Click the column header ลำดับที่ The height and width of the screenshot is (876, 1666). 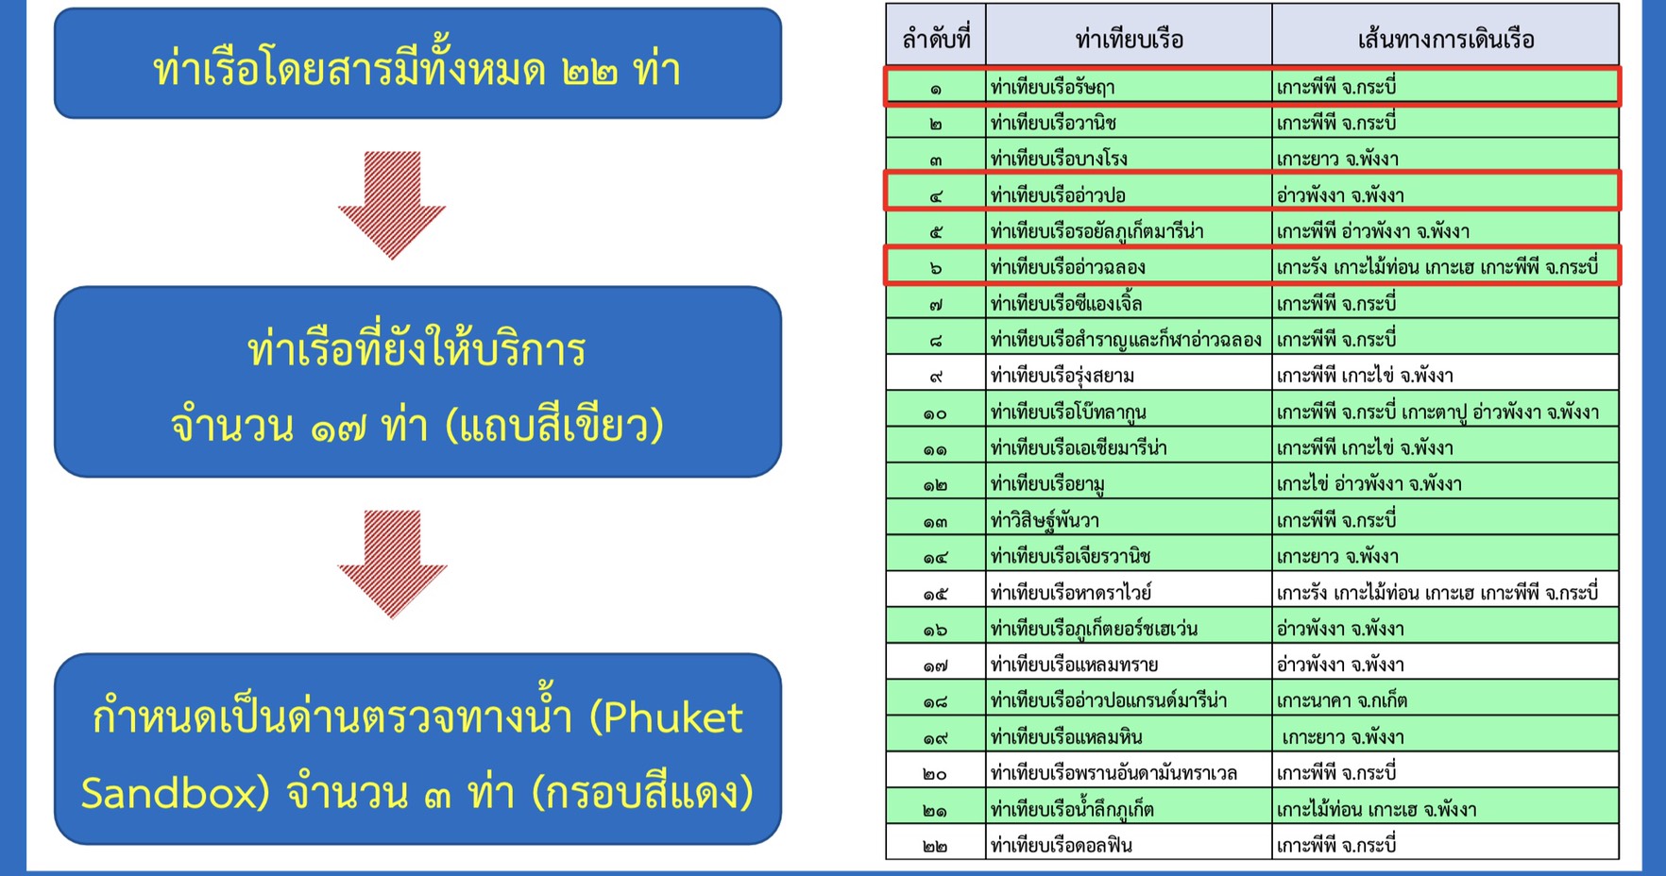936,39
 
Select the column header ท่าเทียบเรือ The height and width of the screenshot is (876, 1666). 1129,40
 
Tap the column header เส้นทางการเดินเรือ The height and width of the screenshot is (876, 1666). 1445,40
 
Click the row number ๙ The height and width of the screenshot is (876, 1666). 935,377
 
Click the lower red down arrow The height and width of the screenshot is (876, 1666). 392,564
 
